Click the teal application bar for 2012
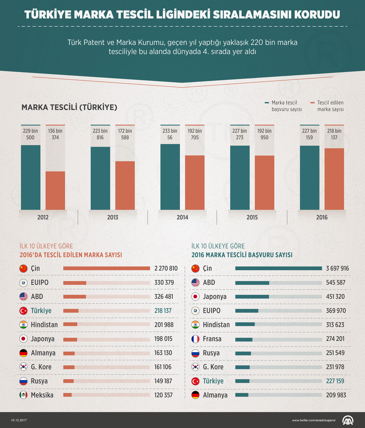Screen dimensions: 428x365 (31, 177)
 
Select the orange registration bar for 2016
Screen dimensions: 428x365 (334, 179)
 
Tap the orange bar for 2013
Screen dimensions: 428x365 (125, 185)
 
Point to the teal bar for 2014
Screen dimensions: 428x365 (170, 177)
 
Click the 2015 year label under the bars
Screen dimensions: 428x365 (252, 217)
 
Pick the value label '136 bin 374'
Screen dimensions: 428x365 (55, 134)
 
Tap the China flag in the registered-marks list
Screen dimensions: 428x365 (23, 268)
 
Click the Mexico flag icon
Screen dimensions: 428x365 (23, 395)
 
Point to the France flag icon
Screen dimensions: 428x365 (195, 339)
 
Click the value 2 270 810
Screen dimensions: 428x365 (166, 268)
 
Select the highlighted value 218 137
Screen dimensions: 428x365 (163, 311)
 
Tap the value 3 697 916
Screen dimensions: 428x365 (337, 268)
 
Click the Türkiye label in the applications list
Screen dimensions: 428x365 (213, 381)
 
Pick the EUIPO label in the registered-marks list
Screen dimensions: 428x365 (39, 282)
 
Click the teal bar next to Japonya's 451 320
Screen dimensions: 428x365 (252, 297)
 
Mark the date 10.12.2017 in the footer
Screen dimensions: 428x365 (19, 420)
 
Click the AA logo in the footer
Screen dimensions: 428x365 (348, 420)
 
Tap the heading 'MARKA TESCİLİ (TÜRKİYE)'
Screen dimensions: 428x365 (69, 107)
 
